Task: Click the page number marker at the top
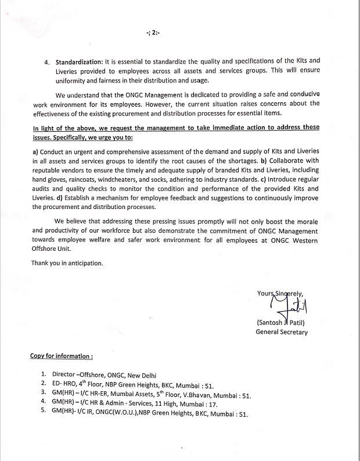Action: pyautogui.click(x=153, y=33)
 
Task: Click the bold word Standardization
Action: pyautogui.click(x=78, y=61)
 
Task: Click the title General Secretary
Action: pyautogui.click(x=282, y=332)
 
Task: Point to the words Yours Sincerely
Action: pyautogui.click(x=280, y=293)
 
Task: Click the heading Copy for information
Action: pyautogui.click(x=62, y=356)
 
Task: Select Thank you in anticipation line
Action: pyautogui.click(x=67, y=263)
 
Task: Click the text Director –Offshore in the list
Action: pyautogui.click(x=78, y=375)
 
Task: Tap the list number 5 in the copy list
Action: pyautogui.click(x=44, y=414)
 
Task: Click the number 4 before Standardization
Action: pyautogui.click(x=46, y=61)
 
